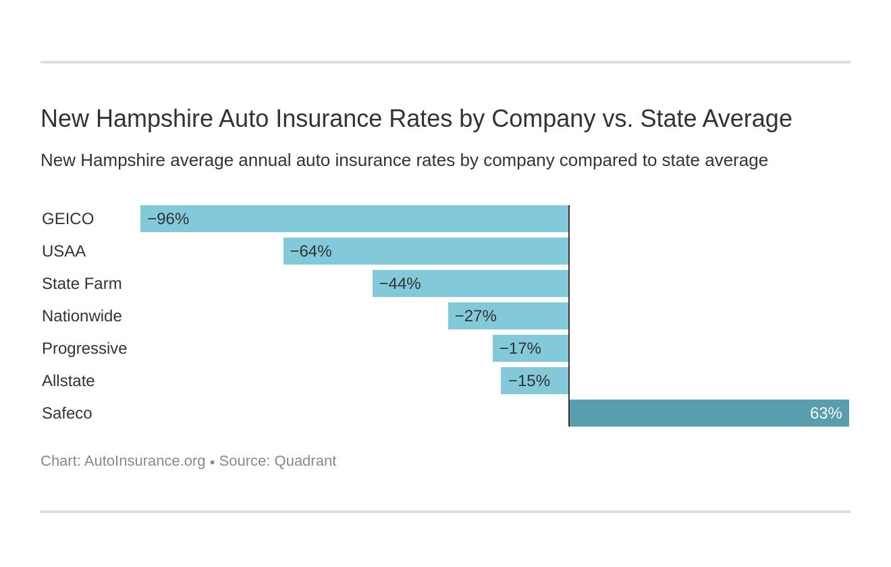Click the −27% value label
point(475,316)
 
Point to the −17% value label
point(520,348)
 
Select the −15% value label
point(529,381)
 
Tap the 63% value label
point(826,413)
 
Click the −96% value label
point(168,219)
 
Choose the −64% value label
point(310,251)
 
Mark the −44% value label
point(400,283)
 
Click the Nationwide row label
point(82,316)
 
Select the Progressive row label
point(84,348)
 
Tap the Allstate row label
point(68,381)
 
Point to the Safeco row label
point(67,413)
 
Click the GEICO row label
point(67,219)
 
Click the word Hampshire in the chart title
point(154,119)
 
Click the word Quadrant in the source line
point(304,461)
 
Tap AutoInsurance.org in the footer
point(144,461)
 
